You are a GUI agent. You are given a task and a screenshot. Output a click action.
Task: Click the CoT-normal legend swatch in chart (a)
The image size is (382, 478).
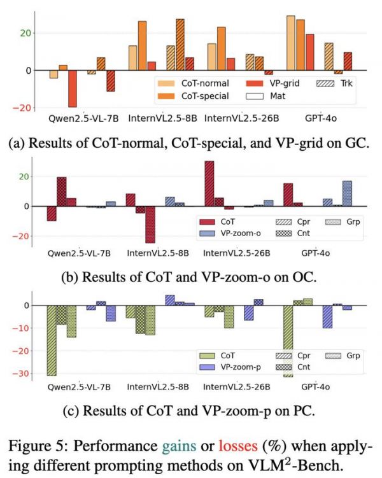[167, 83]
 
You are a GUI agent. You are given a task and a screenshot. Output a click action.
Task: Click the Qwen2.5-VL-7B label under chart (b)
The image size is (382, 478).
[75, 253]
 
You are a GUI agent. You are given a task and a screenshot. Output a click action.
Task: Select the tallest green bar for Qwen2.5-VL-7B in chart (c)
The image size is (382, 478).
[51, 340]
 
